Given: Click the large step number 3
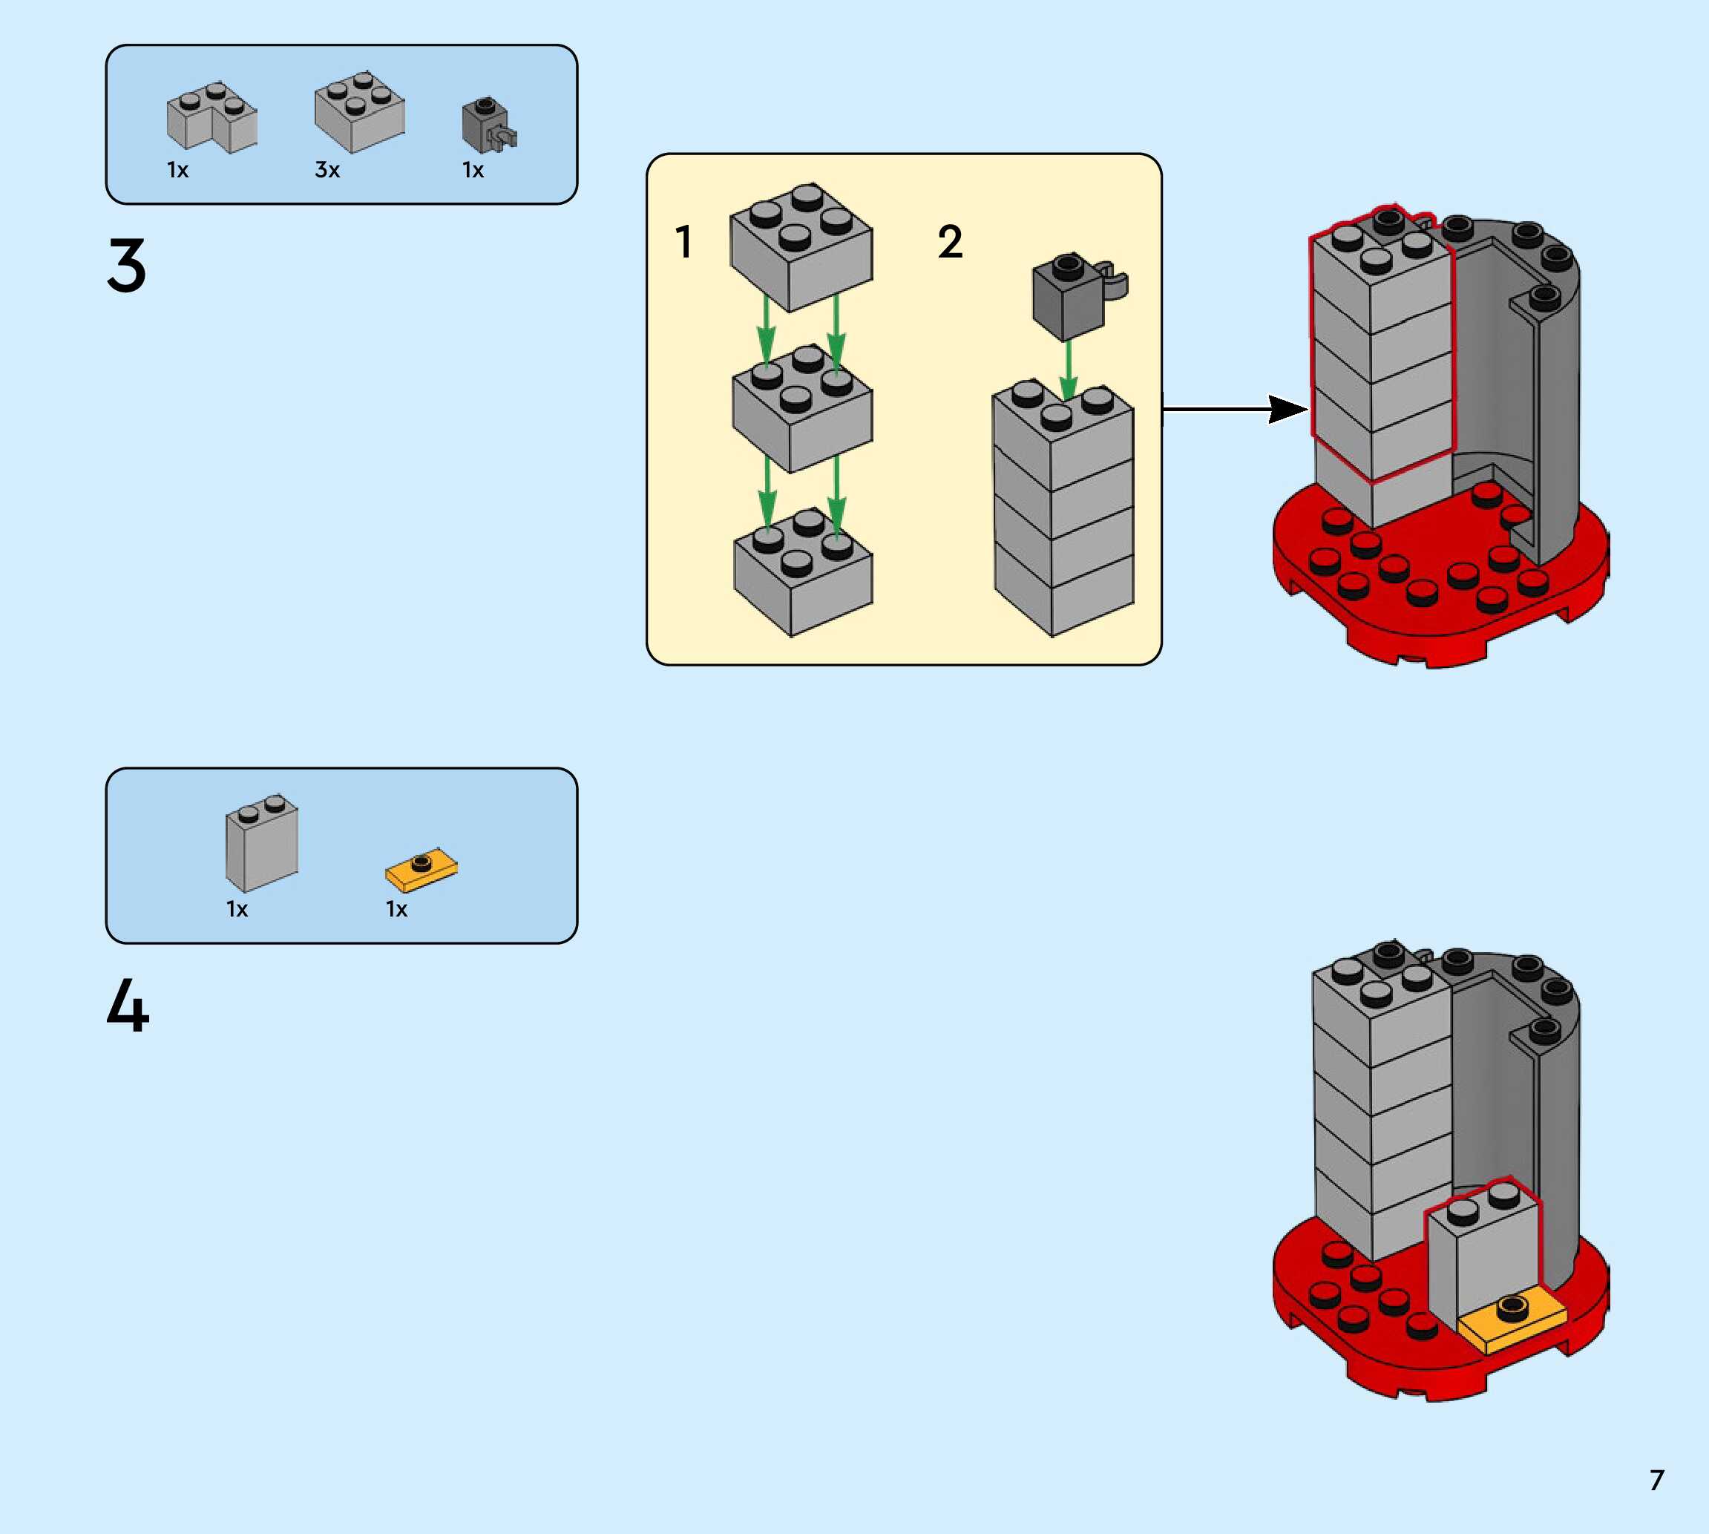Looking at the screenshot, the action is pos(126,266).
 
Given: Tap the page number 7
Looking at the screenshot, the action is pos(1657,1480).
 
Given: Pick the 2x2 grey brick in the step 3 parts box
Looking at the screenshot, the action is pos(360,112).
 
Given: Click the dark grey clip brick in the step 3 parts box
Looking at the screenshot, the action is pos(489,125).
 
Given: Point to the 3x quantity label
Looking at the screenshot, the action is pos(327,170).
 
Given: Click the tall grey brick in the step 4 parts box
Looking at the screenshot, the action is pos(261,843).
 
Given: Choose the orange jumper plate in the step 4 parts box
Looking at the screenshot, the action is pos(421,869).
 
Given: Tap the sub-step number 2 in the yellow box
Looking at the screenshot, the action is pos(950,242).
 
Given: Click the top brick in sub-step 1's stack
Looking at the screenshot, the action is pos(801,247).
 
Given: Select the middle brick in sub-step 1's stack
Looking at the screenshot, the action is pos(802,409).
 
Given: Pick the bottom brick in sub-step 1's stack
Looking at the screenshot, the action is pos(803,572).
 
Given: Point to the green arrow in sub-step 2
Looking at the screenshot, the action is pos(1068,369).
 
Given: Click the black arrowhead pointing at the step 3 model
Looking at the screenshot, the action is pos(1288,410).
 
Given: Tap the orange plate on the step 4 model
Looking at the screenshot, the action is pos(1512,1322).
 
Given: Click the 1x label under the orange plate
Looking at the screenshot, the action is pos(397,909).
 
